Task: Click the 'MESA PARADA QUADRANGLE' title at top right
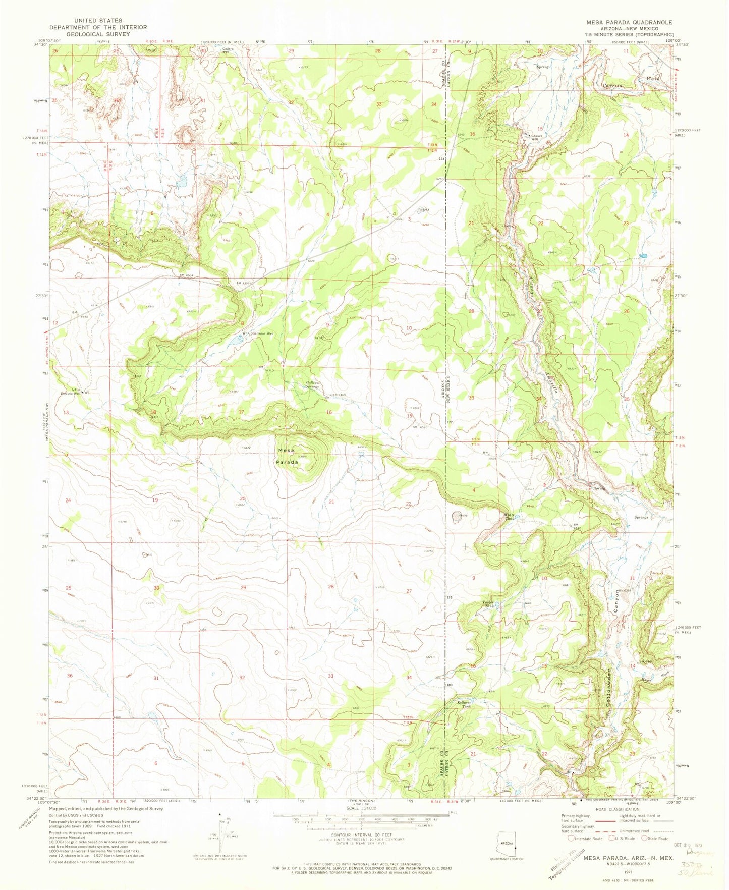pyautogui.click(x=629, y=22)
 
